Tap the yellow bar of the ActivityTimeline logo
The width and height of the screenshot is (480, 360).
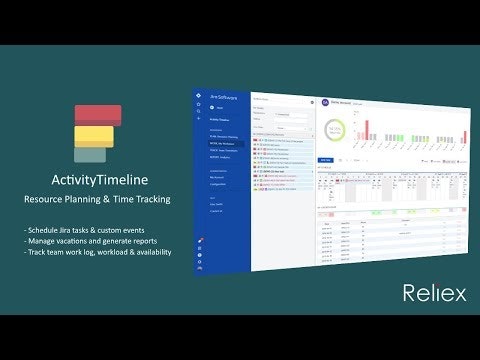[x=94, y=135]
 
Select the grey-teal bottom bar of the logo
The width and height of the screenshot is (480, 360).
[x=90, y=153]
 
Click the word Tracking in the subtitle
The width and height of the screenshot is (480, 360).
[x=150, y=200]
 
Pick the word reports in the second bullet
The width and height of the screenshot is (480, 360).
[x=147, y=240]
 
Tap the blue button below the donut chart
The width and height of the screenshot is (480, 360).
[x=325, y=160]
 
